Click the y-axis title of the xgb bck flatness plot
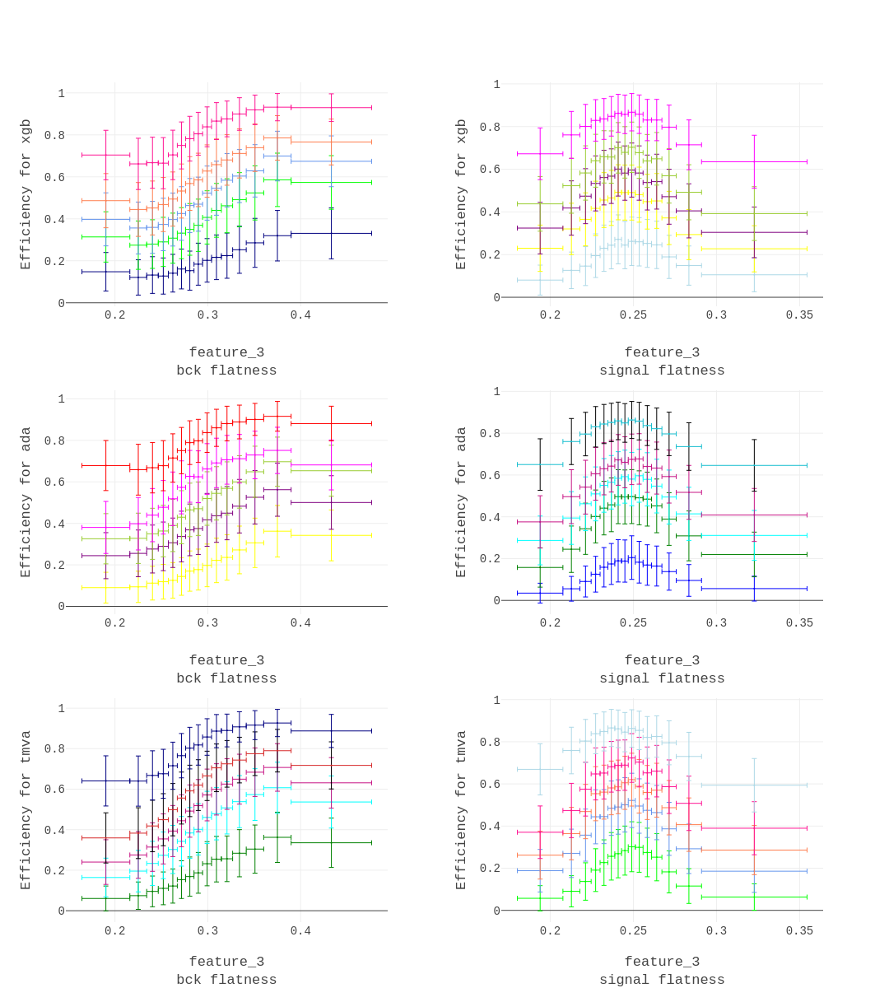[26, 194]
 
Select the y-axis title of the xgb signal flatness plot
[461, 194]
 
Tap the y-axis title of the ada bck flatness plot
[26, 502]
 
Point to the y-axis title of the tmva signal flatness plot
[461, 810]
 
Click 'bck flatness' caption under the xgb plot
[226, 370]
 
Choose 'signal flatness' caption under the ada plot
[662, 678]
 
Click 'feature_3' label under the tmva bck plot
[226, 962]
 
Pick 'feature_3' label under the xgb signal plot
[662, 352]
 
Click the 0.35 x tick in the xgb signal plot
[799, 315]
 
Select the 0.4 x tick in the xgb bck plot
[300, 315]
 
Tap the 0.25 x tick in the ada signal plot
[633, 623]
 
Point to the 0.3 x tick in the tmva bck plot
[207, 931]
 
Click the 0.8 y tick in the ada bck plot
[54, 440]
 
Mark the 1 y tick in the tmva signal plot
[496, 701]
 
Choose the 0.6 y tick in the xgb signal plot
[490, 170]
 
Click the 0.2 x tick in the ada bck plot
[115, 623]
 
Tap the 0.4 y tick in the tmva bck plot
[54, 830]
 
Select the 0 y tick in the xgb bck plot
[61, 303]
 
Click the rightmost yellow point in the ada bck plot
[331, 536]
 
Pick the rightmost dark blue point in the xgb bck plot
[331, 234]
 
